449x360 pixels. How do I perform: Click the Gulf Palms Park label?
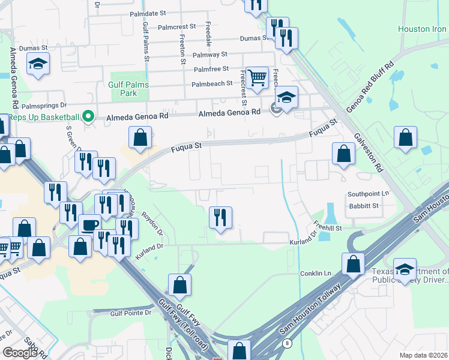tap(123, 89)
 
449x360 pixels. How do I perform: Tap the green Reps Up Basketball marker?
tap(89, 116)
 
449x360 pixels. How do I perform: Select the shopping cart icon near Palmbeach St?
tap(257, 77)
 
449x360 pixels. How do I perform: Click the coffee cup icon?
tap(89, 225)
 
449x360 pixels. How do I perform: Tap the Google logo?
tap(20, 352)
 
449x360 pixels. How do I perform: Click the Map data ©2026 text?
tap(423, 355)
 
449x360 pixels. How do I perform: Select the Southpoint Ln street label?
tap(369, 194)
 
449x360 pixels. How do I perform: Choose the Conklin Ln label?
tap(315, 274)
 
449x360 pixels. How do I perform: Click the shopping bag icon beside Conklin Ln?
tap(353, 263)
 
